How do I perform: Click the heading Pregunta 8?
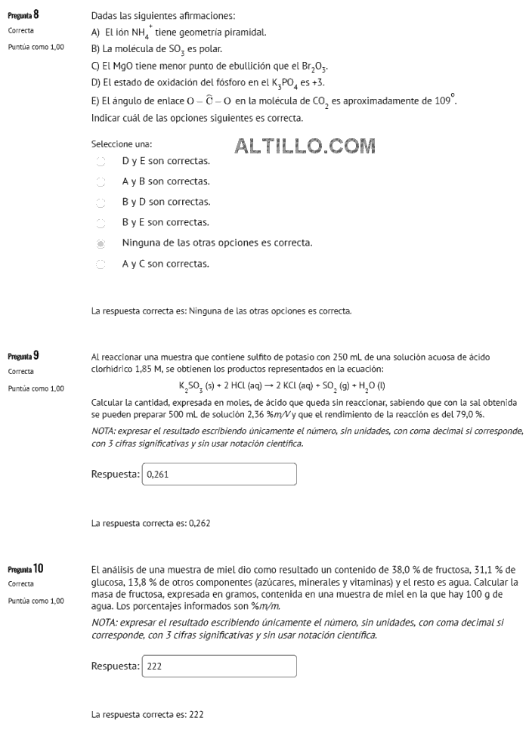(x=23, y=15)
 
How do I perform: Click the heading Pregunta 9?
(x=23, y=355)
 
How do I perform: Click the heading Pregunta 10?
(x=25, y=568)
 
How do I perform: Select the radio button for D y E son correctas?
(x=101, y=161)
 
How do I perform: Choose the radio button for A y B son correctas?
(x=101, y=182)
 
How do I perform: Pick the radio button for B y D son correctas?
(x=101, y=203)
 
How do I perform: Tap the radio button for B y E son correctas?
(x=101, y=223)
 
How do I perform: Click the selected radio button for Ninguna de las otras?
(x=101, y=243)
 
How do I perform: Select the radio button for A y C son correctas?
(x=101, y=264)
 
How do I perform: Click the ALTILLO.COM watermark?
(x=306, y=145)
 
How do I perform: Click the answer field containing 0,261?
(x=219, y=475)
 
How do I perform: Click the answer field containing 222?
(x=219, y=666)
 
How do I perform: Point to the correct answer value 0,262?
(x=200, y=522)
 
